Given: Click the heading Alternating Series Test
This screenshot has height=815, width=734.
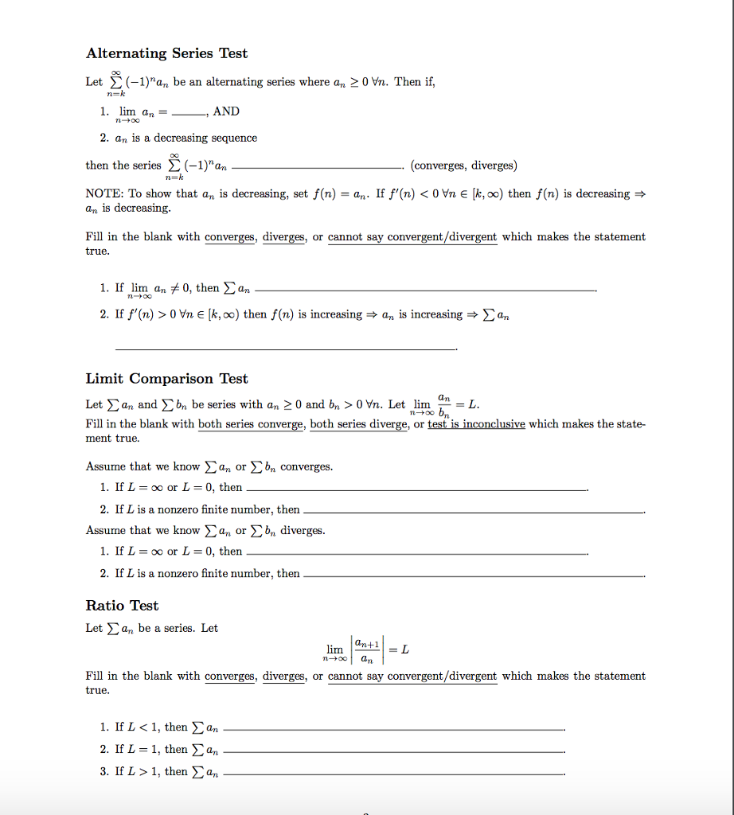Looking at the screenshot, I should pyautogui.click(x=166, y=53).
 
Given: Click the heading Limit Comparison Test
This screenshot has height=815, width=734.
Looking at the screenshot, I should pyautogui.click(x=166, y=379).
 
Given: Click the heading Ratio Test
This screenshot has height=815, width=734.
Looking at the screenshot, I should pyautogui.click(x=122, y=606).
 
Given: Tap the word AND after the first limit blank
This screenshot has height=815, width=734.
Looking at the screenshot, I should pyautogui.click(x=226, y=111).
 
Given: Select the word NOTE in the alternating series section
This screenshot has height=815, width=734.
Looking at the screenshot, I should pyautogui.click(x=103, y=193).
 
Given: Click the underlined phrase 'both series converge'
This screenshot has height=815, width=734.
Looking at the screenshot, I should pyautogui.click(x=251, y=424).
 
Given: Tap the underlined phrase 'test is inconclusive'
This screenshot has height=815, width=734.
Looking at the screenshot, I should pyautogui.click(x=476, y=424).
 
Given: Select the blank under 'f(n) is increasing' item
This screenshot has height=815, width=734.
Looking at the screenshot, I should pyautogui.click(x=287, y=348).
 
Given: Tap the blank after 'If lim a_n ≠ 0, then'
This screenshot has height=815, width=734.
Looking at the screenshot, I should pyautogui.click(x=426, y=291).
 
